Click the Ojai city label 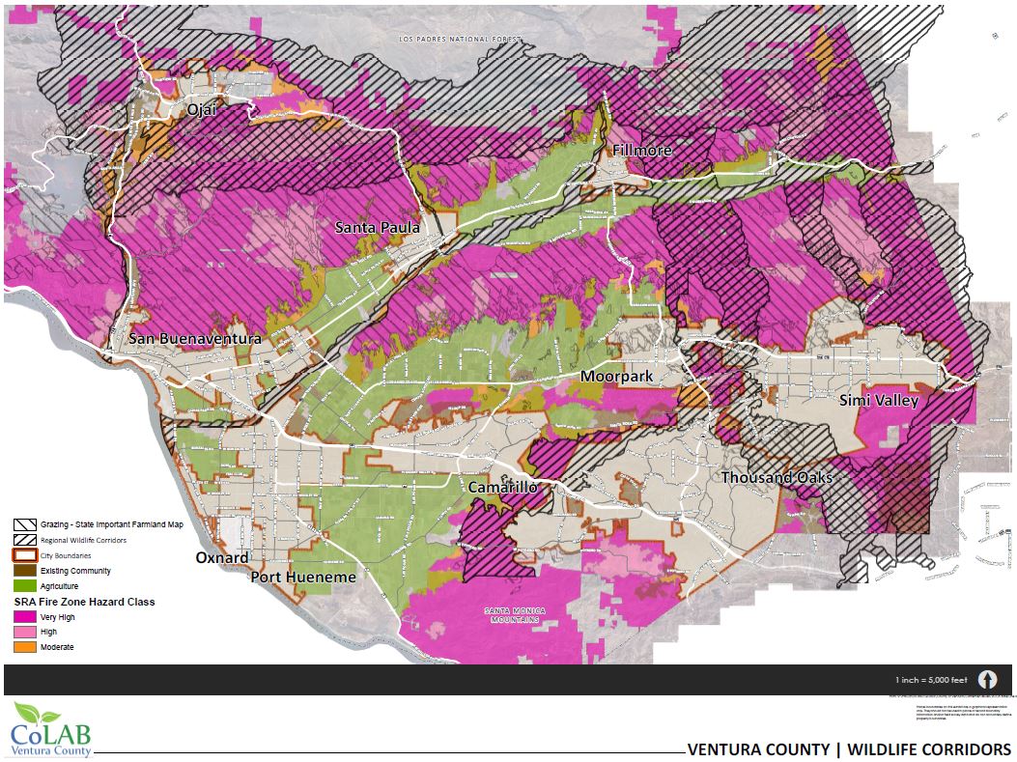[x=202, y=111]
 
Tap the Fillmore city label [x=642, y=152]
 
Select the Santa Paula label [x=377, y=228]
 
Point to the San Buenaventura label [x=195, y=340]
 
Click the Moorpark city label [x=619, y=376]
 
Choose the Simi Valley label [x=878, y=400]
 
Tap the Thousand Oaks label [x=776, y=478]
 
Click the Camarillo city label [x=502, y=488]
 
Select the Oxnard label [x=222, y=558]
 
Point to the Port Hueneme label [x=303, y=578]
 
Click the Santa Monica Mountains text [x=517, y=615]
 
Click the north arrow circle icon [x=987, y=680]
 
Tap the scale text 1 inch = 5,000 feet [x=931, y=680]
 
